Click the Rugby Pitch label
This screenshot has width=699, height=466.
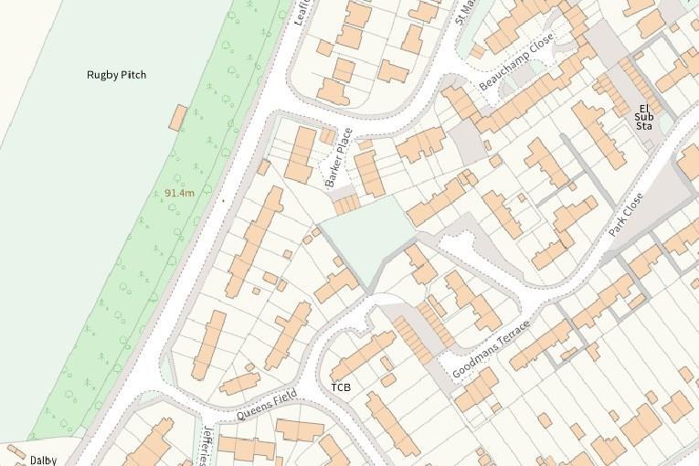pos(116,75)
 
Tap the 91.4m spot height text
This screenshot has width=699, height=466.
pos(179,193)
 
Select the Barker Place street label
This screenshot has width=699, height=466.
pos(339,157)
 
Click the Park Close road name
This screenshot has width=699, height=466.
pos(626,216)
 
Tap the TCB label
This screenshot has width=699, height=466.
pos(341,387)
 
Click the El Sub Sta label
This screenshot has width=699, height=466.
pos(644,117)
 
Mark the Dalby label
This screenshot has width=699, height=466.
pos(43,460)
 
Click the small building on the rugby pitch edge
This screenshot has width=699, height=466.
pos(178,117)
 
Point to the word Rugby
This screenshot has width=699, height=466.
pos(102,75)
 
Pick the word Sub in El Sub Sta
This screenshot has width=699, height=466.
pos(644,117)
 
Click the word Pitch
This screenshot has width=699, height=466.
pos(133,75)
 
